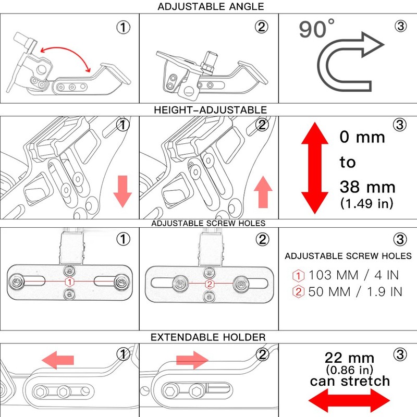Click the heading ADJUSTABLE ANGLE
click(x=211, y=7)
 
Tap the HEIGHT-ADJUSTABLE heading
click(x=211, y=110)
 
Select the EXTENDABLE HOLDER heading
click(x=208, y=337)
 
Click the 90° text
click(x=316, y=29)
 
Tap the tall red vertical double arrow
click(x=315, y=168)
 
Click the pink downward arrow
click(x=122, y=191)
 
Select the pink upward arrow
click(x=263, y=192)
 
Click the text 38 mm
click(x=367, y=187)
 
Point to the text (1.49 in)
click(x=367, y=203)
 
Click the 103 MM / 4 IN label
click(x=354, y=275)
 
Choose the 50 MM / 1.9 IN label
click(x=355, y=292)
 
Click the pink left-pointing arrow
click(x=58, y=360)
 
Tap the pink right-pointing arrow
click(x=192, y=360)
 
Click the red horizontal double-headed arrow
click(x=349, y=400)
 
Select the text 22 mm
click(x=349, y=358)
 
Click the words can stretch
click(x=350, y=381)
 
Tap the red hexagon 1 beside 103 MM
click(x=298, y=276)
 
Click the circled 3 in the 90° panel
click(x=400, y=26)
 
